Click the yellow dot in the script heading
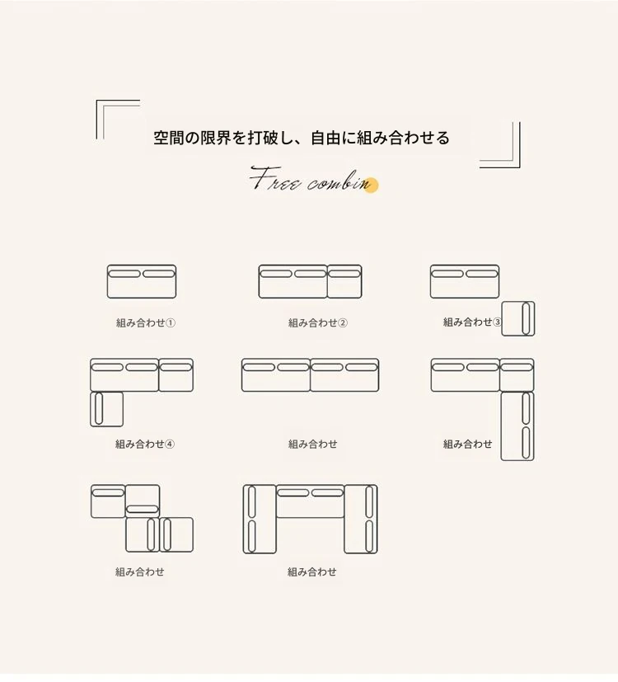[371, 186]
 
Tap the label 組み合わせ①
[146, 322]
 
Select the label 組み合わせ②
[318, 322]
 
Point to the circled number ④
[170, 444]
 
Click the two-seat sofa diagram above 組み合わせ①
[142, 281]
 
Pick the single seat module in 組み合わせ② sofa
[344, 281]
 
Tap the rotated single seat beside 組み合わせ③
[518, 319]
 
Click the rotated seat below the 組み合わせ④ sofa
[107, 409]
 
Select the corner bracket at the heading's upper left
[118, 120]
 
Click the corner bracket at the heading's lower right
[500, 145]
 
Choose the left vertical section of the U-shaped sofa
[260, 519]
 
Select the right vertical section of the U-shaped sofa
[361, 519]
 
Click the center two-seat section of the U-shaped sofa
[311, 501]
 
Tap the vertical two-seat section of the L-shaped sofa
[517, 426]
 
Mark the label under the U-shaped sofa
[312, 571]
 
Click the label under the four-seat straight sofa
[313, 444]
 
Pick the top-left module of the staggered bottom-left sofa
[108, 501]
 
